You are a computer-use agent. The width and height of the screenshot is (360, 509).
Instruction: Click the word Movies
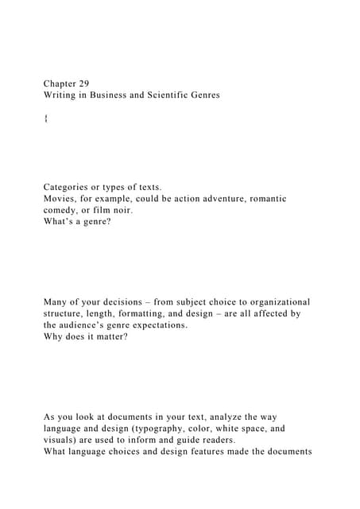tap(60, 199)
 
